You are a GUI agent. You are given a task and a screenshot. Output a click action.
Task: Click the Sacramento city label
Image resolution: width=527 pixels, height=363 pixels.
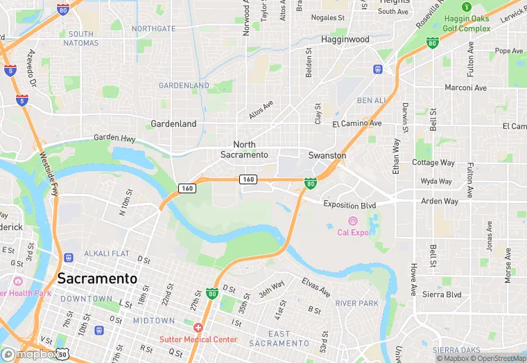97,278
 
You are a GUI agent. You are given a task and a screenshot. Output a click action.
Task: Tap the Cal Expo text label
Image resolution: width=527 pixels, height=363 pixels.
354,232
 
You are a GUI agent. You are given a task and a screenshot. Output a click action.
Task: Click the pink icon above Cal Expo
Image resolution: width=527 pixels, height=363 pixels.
352,221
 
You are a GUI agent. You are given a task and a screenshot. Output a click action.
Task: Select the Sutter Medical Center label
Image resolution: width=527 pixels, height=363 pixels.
198,339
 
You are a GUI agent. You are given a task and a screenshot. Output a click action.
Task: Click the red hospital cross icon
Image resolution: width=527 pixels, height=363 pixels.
198,328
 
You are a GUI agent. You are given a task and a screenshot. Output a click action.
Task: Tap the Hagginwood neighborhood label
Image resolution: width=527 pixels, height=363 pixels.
345,39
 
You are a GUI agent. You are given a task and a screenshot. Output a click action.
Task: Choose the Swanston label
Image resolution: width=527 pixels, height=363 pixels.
327,156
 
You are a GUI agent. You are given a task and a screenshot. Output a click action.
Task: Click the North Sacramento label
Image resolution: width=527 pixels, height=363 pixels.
244,150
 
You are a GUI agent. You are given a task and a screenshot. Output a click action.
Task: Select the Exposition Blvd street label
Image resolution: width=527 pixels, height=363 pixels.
349,205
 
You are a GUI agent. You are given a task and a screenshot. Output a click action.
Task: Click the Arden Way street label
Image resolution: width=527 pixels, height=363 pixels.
440,202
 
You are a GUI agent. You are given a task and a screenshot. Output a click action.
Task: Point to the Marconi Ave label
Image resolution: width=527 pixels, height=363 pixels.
466,88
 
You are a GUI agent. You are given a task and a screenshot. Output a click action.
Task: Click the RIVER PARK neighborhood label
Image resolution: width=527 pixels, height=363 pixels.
356,303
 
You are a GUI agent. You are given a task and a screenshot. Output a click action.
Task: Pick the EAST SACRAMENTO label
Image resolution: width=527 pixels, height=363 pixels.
279,339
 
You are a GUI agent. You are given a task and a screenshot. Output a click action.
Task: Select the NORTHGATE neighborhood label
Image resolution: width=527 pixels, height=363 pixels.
153,28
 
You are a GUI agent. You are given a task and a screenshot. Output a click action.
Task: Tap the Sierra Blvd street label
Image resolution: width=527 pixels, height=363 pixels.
442,294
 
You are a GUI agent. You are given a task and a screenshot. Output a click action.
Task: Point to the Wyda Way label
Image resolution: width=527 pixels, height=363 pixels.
436,181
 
